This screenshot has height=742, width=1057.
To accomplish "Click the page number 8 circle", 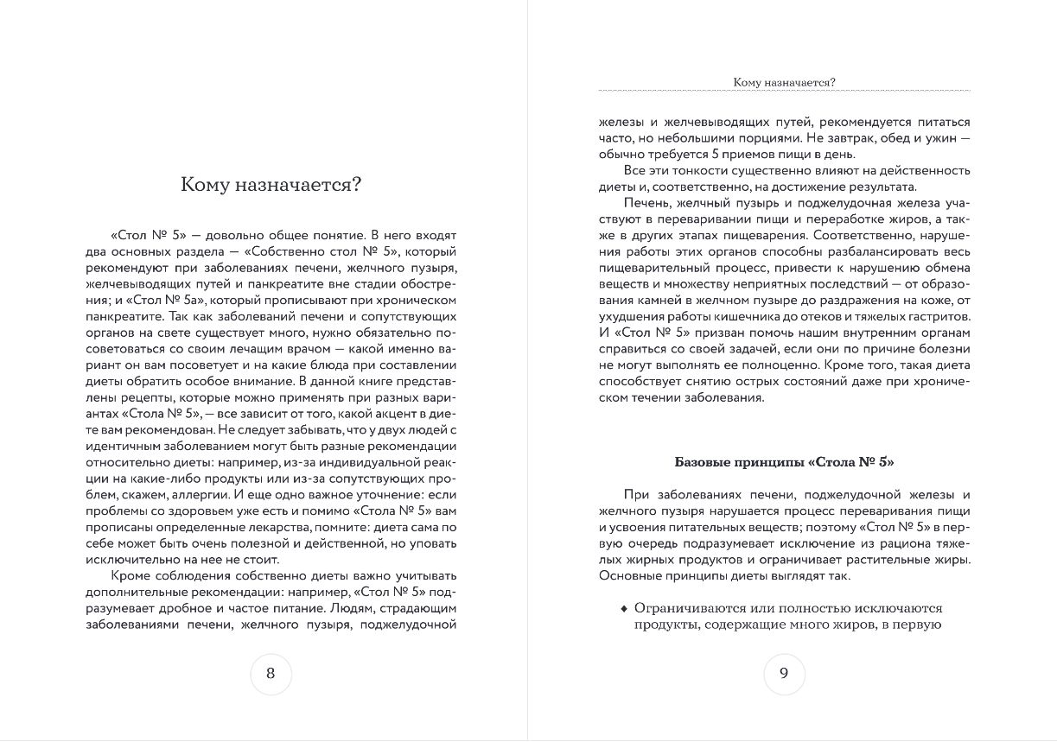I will pos(271,674).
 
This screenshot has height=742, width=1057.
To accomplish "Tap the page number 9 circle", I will pos(784,674).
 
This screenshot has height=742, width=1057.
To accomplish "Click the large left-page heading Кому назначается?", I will pos(271,184).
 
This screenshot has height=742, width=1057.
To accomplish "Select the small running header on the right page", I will pos(784,82).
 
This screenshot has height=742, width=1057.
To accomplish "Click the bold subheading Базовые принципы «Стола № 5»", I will pos(784,462).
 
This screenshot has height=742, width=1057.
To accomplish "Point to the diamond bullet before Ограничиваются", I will pos(624,608).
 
